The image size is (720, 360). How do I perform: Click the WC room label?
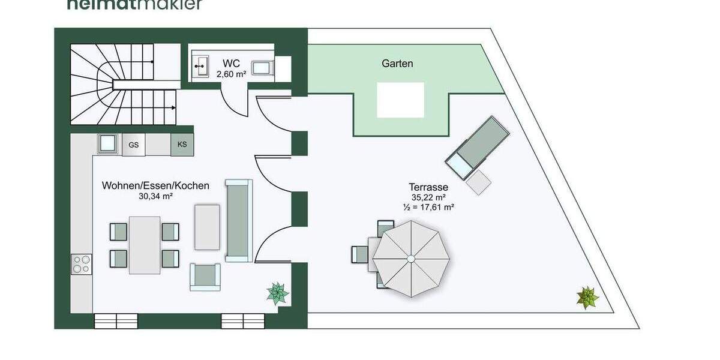click(x=231, y=63)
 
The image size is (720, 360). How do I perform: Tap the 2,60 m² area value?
click(x=231, y=74)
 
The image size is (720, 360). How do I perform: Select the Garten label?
click(x=397, y=63)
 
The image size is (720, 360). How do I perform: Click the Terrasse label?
click(x=428, y=187)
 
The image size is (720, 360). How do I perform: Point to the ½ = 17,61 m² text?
click(x=428, y=206)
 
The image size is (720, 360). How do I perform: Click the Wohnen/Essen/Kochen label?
click(x=155, y=185)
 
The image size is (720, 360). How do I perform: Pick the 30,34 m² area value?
click(x=155, y=196)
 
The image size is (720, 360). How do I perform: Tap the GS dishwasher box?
click(x=134, y=145)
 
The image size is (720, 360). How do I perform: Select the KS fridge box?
click(x=182, y=145)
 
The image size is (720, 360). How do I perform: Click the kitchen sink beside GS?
click(x=108, y=144)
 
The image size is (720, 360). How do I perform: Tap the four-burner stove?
click(x=82, y=264)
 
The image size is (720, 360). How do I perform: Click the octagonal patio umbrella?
click(x=410, y=259)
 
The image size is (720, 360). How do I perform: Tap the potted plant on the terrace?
click(x=587, y=298)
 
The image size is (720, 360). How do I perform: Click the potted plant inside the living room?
click(x=277, y=293)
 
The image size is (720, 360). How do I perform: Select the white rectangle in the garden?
click(x=400, y=100)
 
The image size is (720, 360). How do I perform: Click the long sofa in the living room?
click(x=239, y=220)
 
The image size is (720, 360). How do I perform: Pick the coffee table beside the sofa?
click(x=208, y=227)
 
